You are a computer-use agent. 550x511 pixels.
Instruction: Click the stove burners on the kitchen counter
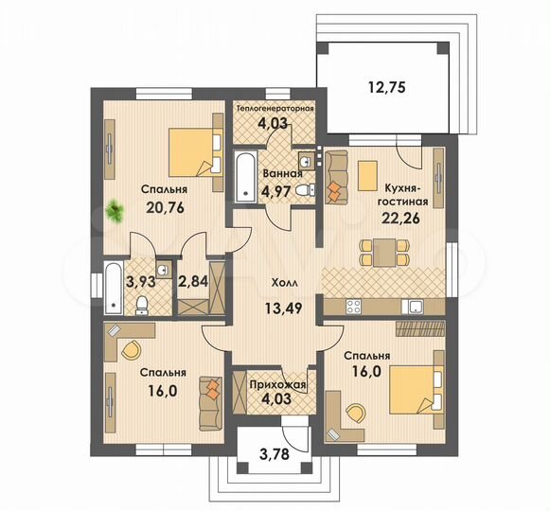tap(357, 305)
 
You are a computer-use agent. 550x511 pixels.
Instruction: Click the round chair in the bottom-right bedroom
tap(356, 412)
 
